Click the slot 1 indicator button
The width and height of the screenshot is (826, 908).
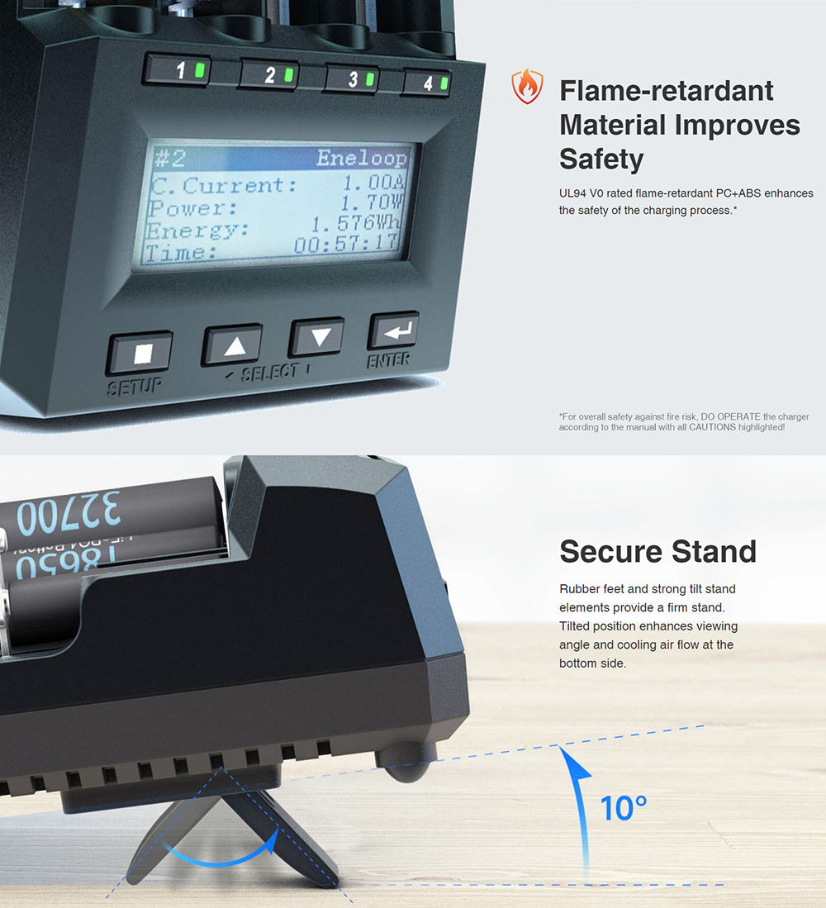point(178,70)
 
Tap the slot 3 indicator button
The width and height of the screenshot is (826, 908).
point(353,78)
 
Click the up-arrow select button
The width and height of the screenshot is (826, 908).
point(233,345)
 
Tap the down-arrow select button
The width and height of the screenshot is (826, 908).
point(317,336)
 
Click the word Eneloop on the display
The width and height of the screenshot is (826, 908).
point(362,158)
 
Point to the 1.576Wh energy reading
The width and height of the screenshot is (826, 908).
point(356,222)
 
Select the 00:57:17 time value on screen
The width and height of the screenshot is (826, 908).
point(345,244)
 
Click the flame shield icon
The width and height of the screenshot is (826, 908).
point(527,86)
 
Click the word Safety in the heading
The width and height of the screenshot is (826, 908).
point(601,159)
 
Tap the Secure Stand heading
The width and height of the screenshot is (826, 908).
point(658,551)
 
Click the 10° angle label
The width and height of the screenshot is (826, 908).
point(624,808)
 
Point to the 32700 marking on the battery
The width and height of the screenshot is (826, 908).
point(69,512)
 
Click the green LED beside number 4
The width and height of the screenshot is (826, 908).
point(444,83)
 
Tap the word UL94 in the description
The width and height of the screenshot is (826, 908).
point(572,193)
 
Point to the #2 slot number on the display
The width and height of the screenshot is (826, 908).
point(170,158)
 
